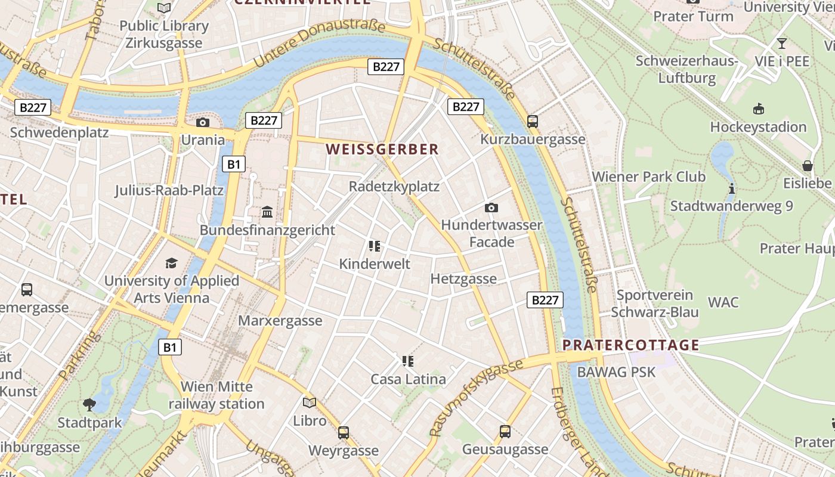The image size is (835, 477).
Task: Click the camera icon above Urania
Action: pyautogui.click(x=203, y=122)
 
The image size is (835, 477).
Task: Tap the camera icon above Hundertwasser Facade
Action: pyautogui.click(x=491, y=207)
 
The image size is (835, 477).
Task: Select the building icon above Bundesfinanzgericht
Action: pyautogui.click(x=267, y=212)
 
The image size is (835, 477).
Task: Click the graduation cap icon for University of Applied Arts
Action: pyautogui.click(x=172, y=263)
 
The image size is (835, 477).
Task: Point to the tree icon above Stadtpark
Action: pyautogui.click(x=89, y=405)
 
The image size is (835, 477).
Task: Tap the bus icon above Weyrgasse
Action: pyautogui.click(x=344, y=433)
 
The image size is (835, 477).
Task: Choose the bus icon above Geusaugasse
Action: pyautogui.click(x=505, y=432)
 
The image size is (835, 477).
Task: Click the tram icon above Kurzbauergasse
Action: pyautogui.click(x=533, y=121)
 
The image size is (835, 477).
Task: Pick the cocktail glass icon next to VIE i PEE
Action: pyautogui.click(x=781, y=44)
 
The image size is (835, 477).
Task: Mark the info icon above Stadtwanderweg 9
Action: pyautogui.click(x=731, y=188)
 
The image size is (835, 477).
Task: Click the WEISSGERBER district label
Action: pyautogui.click(x=382, y=150)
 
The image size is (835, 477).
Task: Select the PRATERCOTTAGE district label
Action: pyautogui.click(x=631, y=345)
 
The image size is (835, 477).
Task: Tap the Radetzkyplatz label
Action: pyautogui.click(x=394, y=187)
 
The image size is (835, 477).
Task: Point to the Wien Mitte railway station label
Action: pyautogui.click(x=217, y=395)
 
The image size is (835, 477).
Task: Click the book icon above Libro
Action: pyautogui.click(x=310, y=403)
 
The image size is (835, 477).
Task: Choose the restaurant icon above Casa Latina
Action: pyautogui.click(x=408, y=361)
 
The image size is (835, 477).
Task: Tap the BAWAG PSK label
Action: pyautogui.click(x=616, y=372)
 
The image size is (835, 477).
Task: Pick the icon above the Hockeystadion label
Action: pyautogui.click(x=758, y=109)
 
